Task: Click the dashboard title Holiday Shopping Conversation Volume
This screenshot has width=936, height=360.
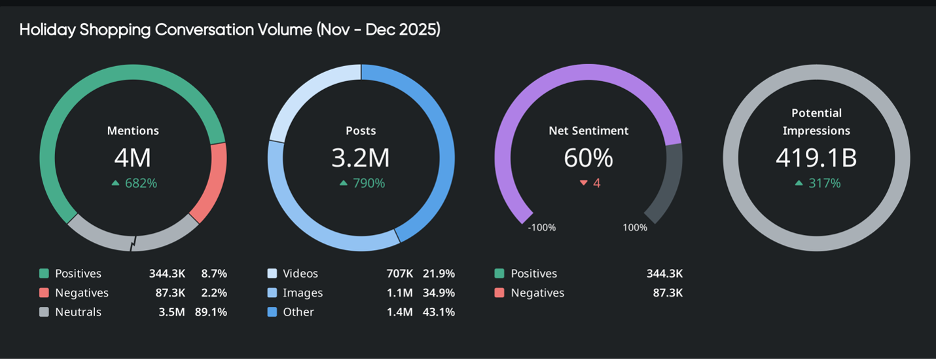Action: [229, 30]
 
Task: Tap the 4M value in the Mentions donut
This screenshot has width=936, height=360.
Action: [133, 158]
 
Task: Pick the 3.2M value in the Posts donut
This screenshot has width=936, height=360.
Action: [361, 158]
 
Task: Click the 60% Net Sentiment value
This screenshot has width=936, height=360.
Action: [588, 158]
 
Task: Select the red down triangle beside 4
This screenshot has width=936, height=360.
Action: [583, 183]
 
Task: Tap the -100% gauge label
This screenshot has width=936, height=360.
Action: [541, 228]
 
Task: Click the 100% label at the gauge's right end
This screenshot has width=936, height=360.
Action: [635, 228]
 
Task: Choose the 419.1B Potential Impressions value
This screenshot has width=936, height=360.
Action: [816, 158]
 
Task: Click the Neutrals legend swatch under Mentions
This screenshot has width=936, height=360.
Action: [44, 312]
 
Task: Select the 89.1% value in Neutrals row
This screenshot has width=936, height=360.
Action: [211, 312]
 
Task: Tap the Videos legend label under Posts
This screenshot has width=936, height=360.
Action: [300, 274]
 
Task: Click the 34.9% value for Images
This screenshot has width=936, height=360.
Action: [439, 293]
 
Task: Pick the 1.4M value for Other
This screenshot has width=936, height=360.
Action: [399, 312]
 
